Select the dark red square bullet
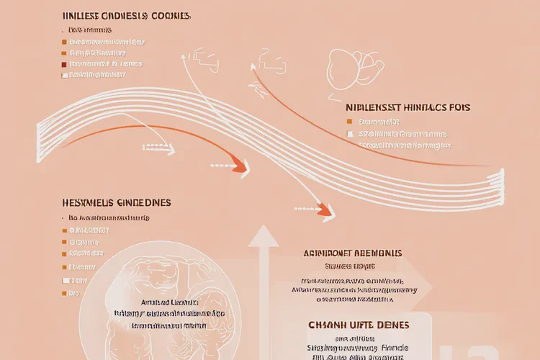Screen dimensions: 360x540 [64, 63]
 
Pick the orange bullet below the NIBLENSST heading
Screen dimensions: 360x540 [350, 122]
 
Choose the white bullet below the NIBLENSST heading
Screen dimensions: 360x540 [350, 134]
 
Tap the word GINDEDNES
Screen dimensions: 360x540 [148, 204]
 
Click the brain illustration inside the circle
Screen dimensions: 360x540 [162, 288]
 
